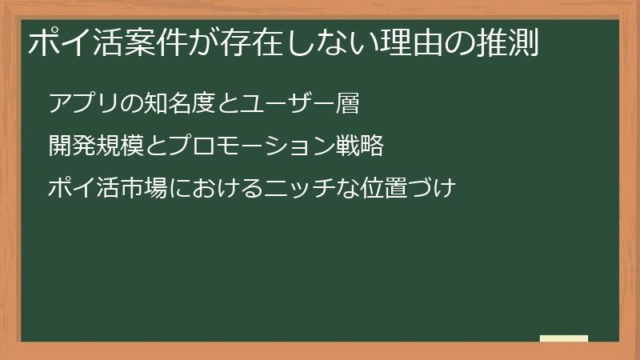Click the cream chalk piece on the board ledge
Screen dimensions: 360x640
564,338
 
